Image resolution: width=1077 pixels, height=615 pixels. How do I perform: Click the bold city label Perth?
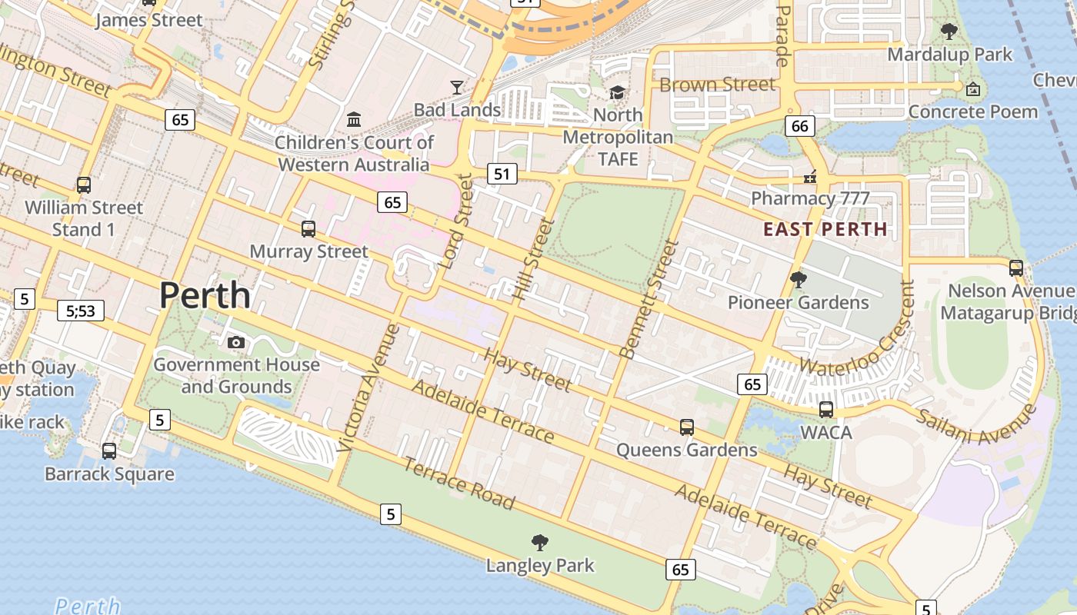pyautogui.click(x=205, y=296)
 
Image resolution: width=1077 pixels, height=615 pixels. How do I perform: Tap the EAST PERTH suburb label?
pyautogui.click(x=825, y=229)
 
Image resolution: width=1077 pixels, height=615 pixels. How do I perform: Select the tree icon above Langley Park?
pyautogui.click(x=540, y=543)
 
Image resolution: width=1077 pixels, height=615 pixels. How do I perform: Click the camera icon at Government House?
pyautogui.click(x=236, y=342)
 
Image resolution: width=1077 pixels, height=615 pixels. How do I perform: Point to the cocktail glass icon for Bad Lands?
pyautogui.click(x=458, y=88)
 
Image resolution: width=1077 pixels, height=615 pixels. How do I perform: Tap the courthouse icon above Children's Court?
pyautogui.click(x=354, y=120)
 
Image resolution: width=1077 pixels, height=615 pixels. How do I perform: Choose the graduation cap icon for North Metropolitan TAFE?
pyautogui.click(x=617, y=93)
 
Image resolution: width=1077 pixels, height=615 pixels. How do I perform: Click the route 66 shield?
pyautogui.click(x=800, y=126)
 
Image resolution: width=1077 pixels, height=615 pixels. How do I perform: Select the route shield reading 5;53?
pyautogui.click(x=81, y=311)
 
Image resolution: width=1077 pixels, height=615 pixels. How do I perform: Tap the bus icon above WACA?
pyautogui.click(x=826, y=409)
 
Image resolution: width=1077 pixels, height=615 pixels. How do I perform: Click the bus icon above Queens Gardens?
pyautogui.click(x=686, y=427)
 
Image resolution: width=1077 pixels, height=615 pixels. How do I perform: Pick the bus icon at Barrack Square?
pyautogui.click(x=109, y=451)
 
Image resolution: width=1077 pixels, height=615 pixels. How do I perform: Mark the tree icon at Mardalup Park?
pyautogui.click(x=949, y=32)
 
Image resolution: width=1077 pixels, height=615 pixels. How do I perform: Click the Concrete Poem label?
pyautogui.click(x=973, y=112)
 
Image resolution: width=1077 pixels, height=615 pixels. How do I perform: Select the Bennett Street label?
pyautogui.click(x=649, y=300)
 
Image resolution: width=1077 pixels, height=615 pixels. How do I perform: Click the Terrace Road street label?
pyautogui.click(x=459, y=484)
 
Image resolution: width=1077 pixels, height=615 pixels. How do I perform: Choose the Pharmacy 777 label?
pyautogui.click(x=810, y=198)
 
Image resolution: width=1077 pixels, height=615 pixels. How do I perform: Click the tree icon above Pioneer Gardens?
pyautogui.click(x=799, y=280)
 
